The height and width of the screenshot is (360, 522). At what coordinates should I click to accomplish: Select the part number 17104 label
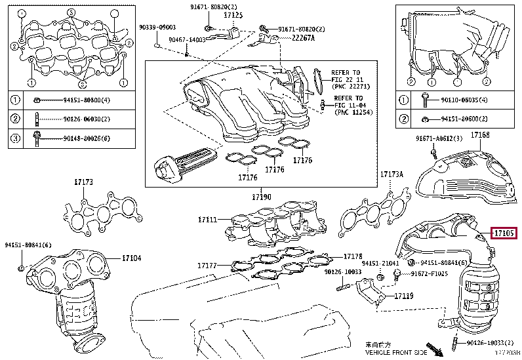tap(131, 258)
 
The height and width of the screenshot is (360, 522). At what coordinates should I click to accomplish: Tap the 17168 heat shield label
tap(480, 135)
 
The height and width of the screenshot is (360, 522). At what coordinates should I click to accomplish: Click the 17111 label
tap(207, 219)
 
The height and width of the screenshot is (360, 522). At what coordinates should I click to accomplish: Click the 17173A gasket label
tap(392, 174)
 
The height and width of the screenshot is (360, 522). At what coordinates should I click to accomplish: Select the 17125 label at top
tap(233, 14)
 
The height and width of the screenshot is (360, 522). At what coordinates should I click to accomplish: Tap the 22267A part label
tap(303, 38)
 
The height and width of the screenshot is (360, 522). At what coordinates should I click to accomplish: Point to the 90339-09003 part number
tap(157, 28)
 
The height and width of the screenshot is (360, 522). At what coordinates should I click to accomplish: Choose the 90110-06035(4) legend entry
tap(461, 100)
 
